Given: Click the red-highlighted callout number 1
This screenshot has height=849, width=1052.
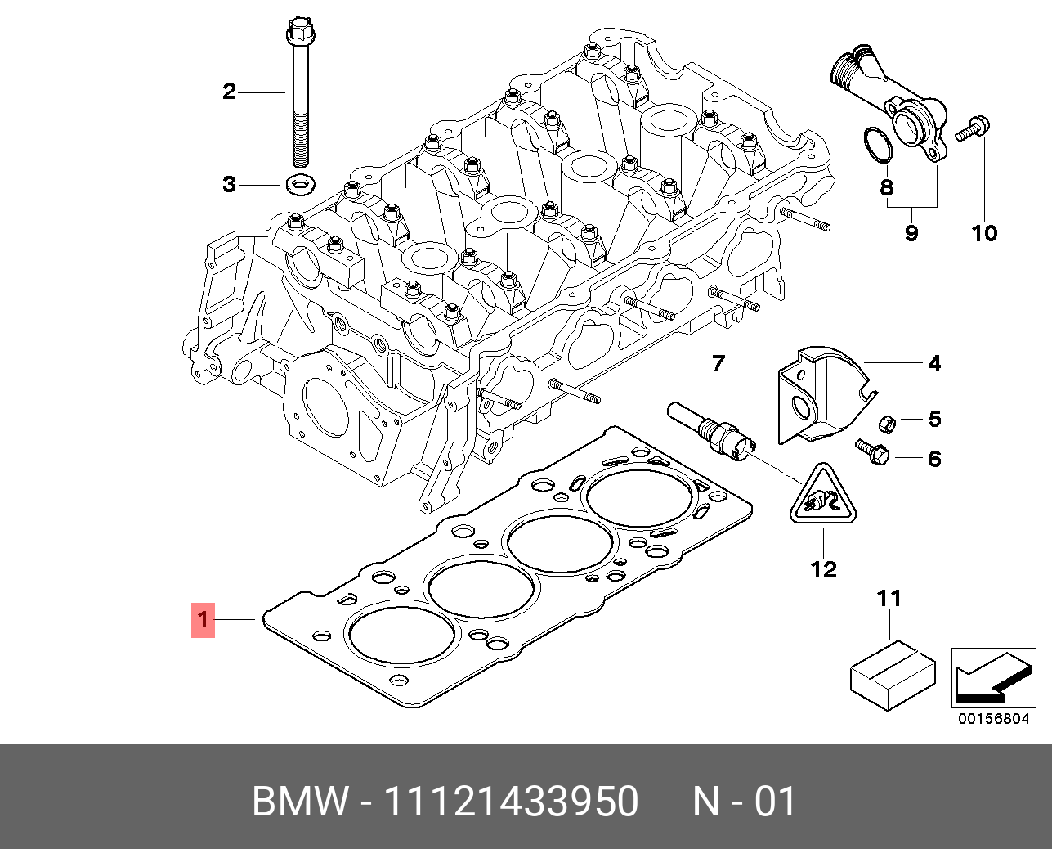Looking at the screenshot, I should [x=203, y=621].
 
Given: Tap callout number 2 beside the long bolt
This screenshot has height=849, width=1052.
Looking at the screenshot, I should [x=229, y=91].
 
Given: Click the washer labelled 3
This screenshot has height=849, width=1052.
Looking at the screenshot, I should [x=301, y=185].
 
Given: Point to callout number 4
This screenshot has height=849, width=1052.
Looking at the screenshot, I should [x=934, y=363].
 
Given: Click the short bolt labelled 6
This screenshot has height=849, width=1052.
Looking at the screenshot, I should [x=871, y=451].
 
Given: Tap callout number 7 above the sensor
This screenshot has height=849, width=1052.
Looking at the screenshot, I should [x=718, y=362].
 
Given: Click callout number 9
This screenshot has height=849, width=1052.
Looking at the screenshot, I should [x=911, y=233].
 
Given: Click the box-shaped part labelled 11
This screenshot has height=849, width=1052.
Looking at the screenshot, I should [x=893, y=675].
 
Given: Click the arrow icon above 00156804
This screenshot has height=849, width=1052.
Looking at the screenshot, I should [x=992, y=677].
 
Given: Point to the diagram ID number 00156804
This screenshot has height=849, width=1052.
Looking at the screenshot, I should [x=993, y=719].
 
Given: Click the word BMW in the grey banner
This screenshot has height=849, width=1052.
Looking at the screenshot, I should [x=300, y=802].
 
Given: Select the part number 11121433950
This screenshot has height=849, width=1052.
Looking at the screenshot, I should [x=511, y=802].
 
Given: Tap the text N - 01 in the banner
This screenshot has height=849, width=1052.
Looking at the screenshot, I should [x=744, y=802].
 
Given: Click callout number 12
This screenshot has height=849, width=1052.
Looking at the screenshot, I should [x=824, y=568].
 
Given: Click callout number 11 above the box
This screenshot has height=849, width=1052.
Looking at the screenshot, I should [x=889, y=599].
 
